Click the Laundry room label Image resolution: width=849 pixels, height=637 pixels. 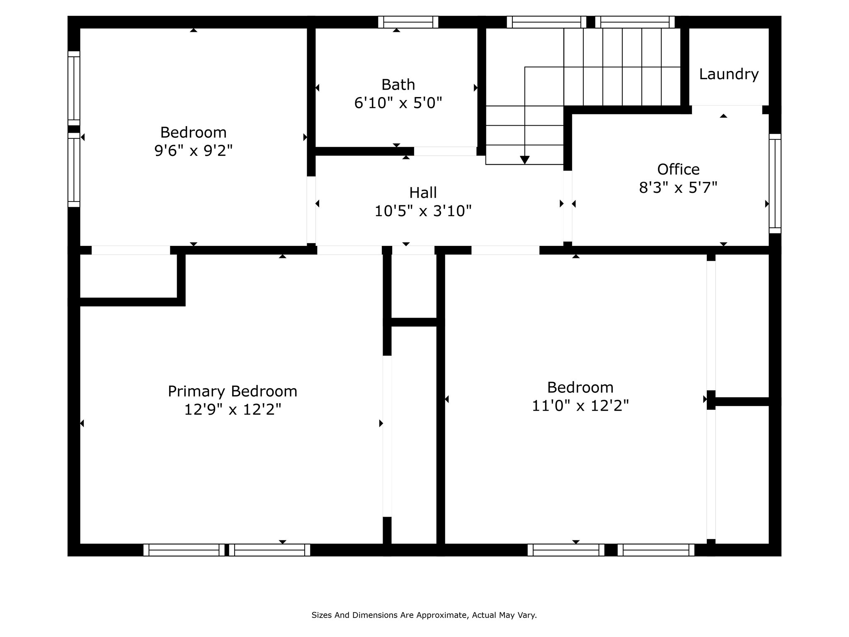[728, 74]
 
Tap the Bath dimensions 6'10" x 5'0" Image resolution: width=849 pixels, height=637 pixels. [398, 102]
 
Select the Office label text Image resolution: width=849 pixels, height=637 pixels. [678, 169]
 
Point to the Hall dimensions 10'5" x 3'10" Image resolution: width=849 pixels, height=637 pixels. [423, 211]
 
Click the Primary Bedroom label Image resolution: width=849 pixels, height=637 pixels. [232, 391]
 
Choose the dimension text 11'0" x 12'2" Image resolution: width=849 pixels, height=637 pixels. [580, 406]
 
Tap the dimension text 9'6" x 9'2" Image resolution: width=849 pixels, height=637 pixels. [193, 151]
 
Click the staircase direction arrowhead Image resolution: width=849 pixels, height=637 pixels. [524, 160]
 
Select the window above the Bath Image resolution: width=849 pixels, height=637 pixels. [408, 22]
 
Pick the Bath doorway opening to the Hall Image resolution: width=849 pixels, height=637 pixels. [445, 151]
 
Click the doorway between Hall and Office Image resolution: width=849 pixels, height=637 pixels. [568, 206]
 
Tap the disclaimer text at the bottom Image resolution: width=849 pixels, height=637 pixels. [424, 615]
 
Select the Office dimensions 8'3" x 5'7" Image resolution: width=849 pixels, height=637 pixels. [678, 188]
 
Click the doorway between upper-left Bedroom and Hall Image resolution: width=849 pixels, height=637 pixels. [311, 209]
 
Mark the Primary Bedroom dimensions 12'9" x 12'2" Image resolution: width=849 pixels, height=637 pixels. [232, 410]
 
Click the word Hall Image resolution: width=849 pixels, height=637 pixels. [423, 193]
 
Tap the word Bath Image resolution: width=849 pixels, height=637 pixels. [398, 85]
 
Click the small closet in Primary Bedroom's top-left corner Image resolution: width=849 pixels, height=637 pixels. [129, 276]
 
